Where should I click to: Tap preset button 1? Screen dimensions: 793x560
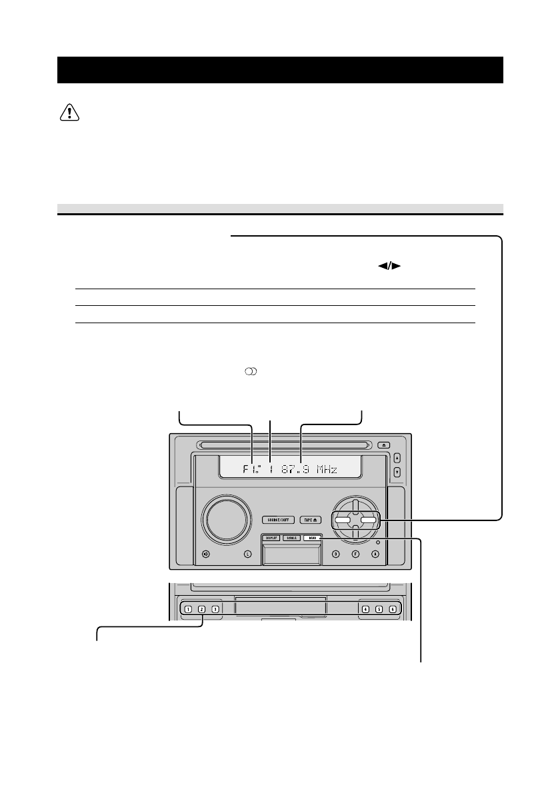(189, 609)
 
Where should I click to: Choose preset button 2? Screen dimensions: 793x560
(201, 609)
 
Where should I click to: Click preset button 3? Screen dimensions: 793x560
(215, 609)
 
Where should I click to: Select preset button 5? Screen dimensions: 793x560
(379, 609)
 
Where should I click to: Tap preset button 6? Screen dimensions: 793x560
(393, 609)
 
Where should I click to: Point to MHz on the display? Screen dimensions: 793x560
(327, 470)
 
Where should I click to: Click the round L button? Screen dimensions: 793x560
(247, 554)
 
